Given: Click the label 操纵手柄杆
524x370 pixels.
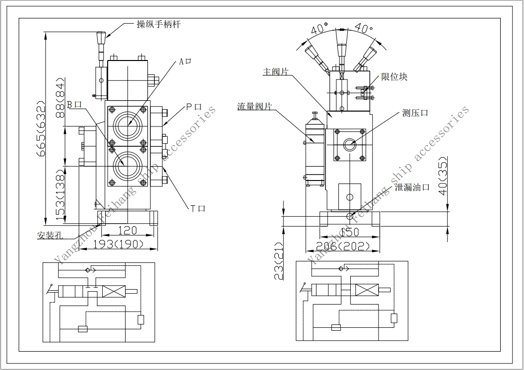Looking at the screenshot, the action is point(159,24).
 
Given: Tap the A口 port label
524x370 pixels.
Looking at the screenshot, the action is point(185,62).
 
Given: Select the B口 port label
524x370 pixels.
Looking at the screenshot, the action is point(74,105).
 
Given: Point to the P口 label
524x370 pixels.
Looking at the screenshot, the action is point(194,107).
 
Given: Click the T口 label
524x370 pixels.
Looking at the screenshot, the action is point(198,209).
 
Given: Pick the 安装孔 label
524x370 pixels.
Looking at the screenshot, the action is point(50,236).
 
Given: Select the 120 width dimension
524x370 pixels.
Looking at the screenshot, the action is point(128,230).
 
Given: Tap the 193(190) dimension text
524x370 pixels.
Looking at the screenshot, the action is point(118,244).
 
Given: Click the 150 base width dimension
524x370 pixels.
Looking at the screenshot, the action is point(349,232).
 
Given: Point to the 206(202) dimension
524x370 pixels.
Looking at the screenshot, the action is point(343,247).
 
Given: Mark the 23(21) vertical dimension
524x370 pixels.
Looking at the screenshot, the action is point(278,261).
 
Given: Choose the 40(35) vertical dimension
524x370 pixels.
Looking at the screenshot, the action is point(443,176).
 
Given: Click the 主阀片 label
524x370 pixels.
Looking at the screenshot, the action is point(276,72).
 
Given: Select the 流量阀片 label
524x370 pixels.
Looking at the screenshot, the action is point(255,107).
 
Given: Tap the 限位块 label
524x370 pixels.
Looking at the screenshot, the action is point(394,77).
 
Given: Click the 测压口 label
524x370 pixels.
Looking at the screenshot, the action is point(415,113).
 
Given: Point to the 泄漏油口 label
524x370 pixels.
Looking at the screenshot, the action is point(412,187).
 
